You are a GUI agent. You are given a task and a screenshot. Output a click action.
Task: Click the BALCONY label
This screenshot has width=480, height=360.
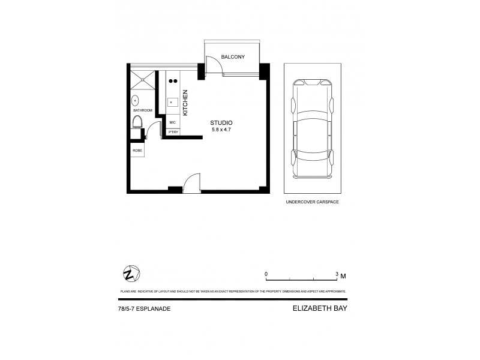232,56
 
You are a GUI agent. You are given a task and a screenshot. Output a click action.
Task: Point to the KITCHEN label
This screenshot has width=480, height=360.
185,103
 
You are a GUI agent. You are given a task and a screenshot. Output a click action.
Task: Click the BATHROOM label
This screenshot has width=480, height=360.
143,110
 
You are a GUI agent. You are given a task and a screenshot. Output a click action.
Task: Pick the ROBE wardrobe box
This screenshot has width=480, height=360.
137,150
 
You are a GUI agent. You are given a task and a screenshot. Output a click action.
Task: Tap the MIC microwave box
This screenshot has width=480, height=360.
172,122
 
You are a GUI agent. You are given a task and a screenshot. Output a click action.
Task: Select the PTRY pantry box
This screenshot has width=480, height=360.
172,132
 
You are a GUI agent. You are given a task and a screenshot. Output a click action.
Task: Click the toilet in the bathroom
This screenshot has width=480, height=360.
137,123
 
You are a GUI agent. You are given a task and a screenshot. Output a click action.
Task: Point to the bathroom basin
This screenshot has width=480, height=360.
135,100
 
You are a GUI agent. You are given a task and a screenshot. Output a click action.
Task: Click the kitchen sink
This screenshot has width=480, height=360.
172,102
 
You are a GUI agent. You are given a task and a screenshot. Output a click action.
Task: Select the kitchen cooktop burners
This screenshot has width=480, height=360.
173,80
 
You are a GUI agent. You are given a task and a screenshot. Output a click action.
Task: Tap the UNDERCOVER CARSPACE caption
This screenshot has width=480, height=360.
311,202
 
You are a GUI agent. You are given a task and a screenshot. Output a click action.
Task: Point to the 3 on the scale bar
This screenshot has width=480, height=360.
337,274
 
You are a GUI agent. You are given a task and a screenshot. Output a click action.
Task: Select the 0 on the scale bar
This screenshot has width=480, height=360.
266,274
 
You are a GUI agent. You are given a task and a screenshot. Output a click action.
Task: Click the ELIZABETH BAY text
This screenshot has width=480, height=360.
320,310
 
